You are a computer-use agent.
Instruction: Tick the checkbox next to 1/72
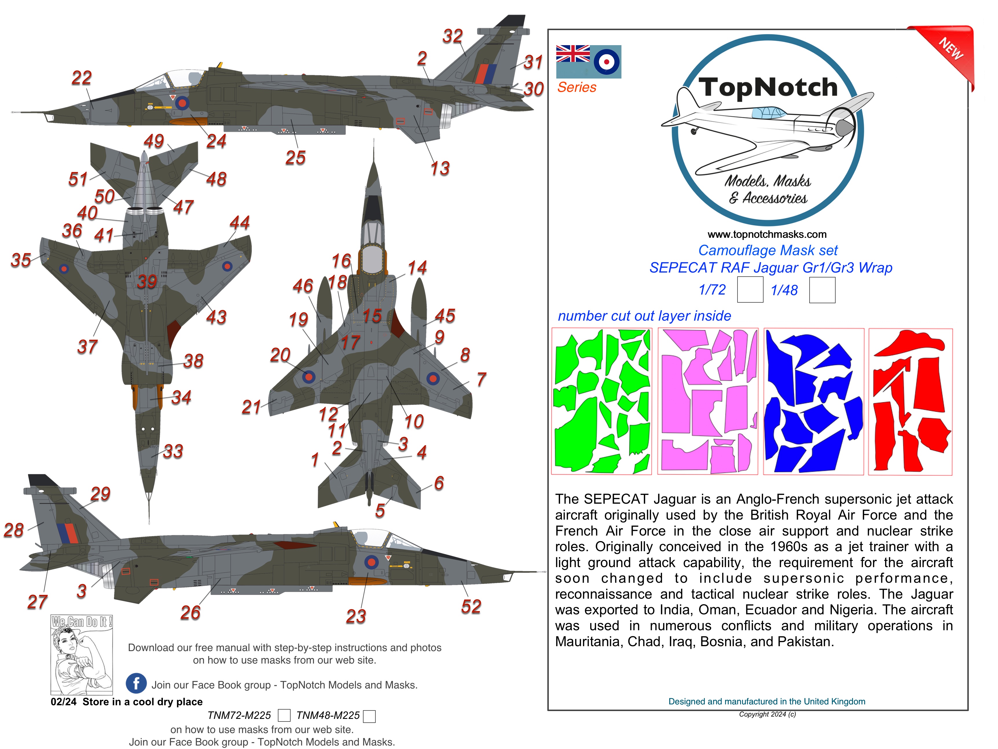tap(750, 290)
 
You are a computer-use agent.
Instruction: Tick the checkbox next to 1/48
tap(822, 290)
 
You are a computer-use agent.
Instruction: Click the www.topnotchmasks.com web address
tap(767, 234)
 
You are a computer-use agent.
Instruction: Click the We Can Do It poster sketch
tap(82, 655)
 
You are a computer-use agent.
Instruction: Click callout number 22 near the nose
tap(82, 78)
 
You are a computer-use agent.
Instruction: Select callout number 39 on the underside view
tap(147, 282)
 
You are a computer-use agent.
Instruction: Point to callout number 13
tap(440, 168)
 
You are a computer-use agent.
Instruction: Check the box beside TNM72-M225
tap(284, 716)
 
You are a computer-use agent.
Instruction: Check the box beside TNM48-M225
tap(370, 716)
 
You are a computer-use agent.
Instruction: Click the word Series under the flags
tap(577, 87)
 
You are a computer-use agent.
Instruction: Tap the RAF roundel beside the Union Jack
tap(606, 62)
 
